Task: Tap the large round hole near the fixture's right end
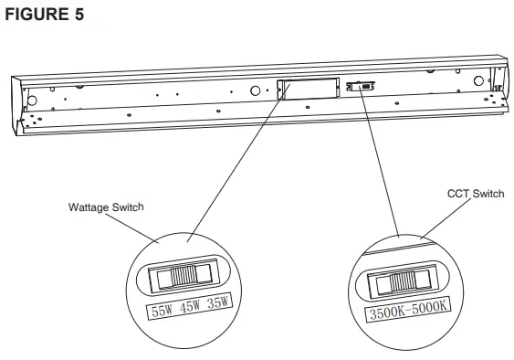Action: (479, 80)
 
